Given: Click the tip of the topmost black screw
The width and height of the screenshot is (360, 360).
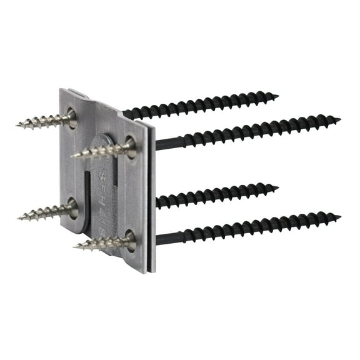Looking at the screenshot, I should pos(277,96).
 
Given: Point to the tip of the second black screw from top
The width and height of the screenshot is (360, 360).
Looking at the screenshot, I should pos(340,119).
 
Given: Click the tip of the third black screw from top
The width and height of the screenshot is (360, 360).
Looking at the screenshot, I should pos(277,186).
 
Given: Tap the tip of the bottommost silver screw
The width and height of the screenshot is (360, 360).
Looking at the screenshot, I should pos(74,246).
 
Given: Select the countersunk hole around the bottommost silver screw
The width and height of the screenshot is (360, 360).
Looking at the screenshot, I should pos(129,238).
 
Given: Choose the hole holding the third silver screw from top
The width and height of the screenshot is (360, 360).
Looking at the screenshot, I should pos(72,207).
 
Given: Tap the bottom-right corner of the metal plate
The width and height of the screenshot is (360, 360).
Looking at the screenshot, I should pos(152,272).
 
